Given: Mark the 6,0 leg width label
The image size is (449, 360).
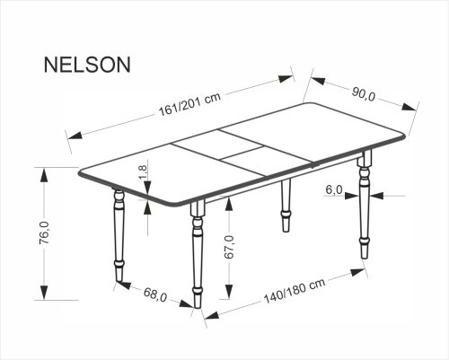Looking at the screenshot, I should pos(335,190).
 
